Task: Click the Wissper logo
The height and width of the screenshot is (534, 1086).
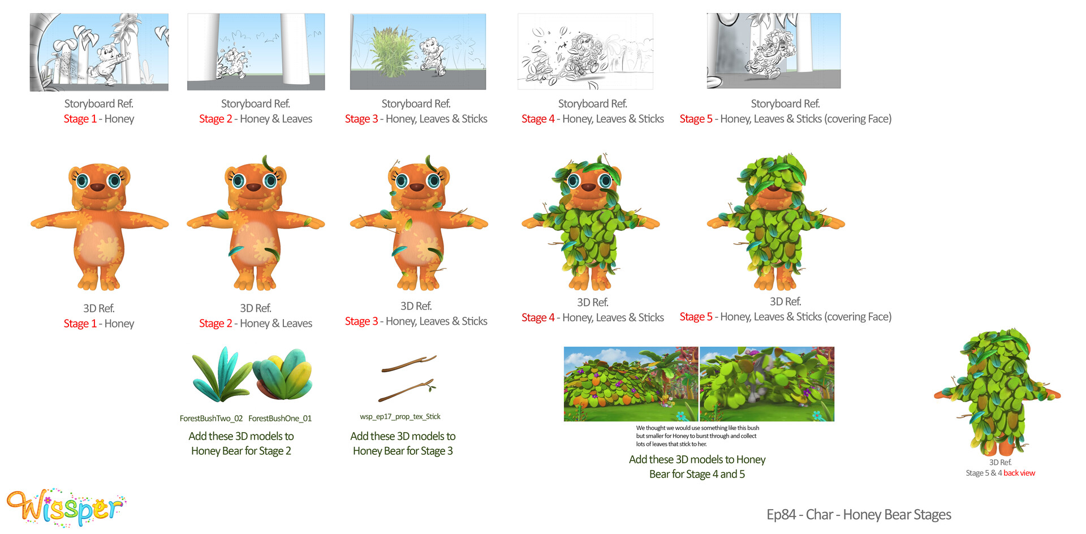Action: point(66,507)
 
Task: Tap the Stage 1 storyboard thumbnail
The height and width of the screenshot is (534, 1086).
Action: point(99,52)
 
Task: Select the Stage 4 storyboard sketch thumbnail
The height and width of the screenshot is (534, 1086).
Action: point(585,51)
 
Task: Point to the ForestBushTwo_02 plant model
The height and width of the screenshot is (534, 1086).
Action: point(220,374)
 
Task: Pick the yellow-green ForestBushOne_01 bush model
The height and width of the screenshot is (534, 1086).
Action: point(282,374)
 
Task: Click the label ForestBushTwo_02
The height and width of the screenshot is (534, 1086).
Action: point(211,419)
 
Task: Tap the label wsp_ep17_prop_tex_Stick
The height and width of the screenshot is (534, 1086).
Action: point(400,417)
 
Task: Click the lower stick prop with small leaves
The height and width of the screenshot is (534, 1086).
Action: point(407,390)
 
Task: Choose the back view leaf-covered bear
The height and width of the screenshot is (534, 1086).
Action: point(997,392)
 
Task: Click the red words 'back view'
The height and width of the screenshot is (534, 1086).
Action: point(1019,473)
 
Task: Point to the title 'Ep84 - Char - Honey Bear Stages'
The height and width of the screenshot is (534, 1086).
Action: point(859,515)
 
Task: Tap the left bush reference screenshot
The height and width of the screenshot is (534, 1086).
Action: point(631,384)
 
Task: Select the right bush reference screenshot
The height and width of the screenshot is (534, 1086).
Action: point(767,384)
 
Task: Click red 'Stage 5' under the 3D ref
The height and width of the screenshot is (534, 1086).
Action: point(696,317)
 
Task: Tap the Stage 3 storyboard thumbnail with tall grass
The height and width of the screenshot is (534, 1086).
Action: point(418,51)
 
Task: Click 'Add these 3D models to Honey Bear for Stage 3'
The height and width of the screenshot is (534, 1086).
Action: point(403,443)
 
